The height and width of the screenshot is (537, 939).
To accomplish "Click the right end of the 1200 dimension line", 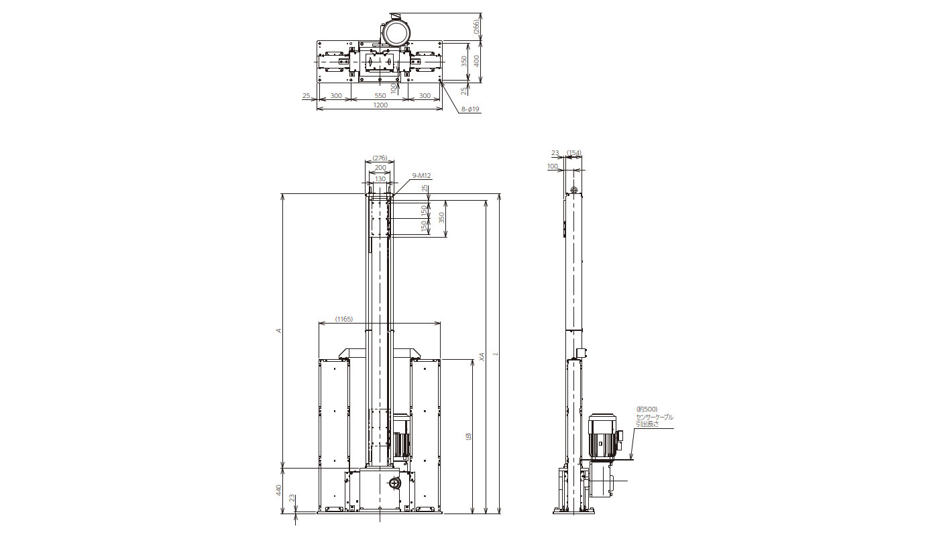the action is (442, 109).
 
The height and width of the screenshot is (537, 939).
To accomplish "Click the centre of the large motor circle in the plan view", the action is (397, 33).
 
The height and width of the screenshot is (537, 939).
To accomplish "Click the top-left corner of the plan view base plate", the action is (317, 41).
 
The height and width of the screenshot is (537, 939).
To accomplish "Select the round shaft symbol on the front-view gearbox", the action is (394, 484).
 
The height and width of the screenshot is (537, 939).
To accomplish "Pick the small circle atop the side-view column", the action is (574, 189).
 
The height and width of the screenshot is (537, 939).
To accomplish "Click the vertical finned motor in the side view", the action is (602, 436).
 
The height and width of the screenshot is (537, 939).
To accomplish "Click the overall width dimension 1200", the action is (380, 105).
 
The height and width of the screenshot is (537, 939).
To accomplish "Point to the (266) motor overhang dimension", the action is (476, 26).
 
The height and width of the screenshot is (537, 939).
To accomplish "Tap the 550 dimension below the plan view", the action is (380, 95).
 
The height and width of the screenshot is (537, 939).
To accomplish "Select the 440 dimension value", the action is (279, 490).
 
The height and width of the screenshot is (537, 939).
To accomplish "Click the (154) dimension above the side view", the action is (574, 153).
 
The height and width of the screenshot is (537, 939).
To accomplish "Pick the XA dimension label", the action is (482, 356).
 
